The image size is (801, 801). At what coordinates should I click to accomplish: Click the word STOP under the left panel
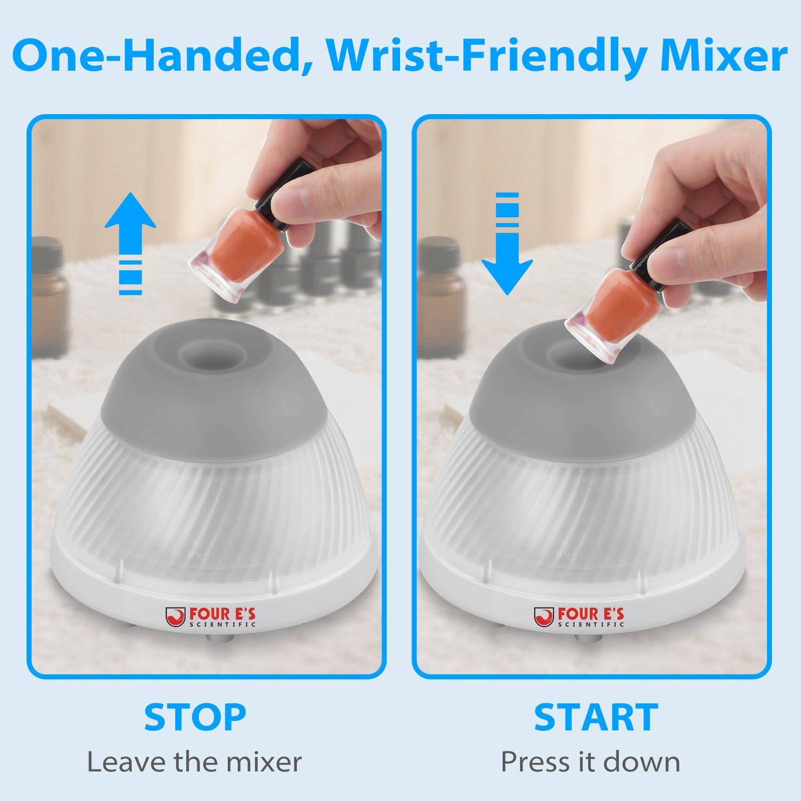click(195, 717)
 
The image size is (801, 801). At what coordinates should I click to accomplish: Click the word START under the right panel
click(596, 717)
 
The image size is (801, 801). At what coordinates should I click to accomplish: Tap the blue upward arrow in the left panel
click(130, 243)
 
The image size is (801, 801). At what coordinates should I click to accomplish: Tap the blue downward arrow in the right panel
click(507, 243)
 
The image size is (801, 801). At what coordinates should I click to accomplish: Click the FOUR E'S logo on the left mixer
click(211, 616)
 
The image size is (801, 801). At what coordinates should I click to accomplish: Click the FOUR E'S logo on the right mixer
click(579, 616)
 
